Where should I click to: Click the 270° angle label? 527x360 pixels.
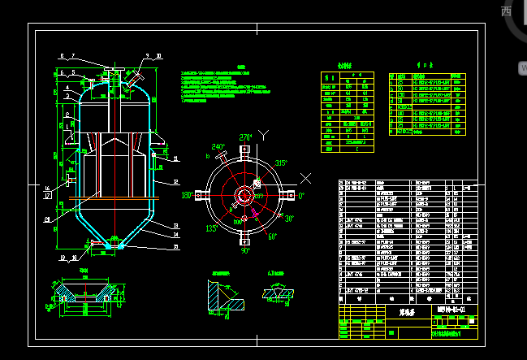[x=245, y=137]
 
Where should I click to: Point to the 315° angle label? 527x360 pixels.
[x=281, y=163]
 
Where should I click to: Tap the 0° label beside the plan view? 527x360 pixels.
[x=301, y=196]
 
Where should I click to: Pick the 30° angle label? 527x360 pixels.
[x=289, y=219]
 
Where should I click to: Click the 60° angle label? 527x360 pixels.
[x=271, y=236]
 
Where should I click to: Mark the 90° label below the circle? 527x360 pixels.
[x=245, y=251]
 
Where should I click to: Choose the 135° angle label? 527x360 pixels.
[x=210, y=228]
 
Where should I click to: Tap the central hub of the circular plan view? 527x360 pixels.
[x=244, y=195]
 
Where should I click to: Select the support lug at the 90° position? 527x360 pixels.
[x=244, y=239]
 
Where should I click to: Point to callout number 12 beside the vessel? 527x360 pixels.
[x=175, y=182]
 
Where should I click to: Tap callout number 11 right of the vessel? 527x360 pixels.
[x=175, y=158]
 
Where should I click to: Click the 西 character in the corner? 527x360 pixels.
[x=506, y=11]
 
